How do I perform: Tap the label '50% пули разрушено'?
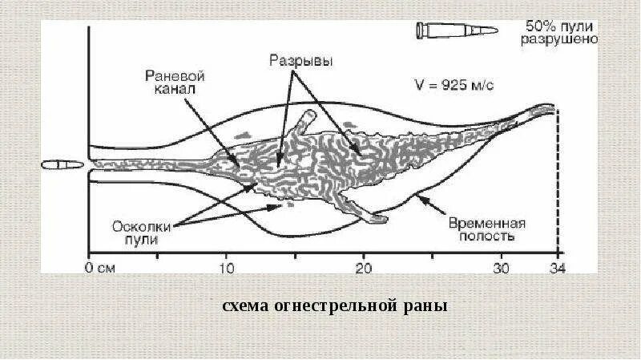[558, 31]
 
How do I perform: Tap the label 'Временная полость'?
[486, 229]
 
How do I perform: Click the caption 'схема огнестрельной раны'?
[334, 307]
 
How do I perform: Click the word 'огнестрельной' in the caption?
[334, 307]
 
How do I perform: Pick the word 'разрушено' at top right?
[558, 38]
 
